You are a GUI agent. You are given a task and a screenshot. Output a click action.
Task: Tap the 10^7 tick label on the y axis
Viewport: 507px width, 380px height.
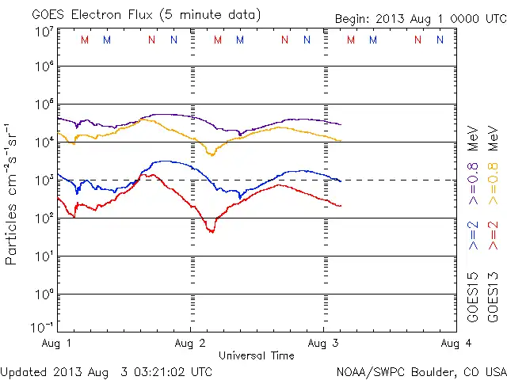(44, 32)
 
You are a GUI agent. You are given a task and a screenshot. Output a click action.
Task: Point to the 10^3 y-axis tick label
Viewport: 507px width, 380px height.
(44, 180)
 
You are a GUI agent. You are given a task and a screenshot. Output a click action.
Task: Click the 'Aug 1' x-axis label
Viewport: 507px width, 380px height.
(58, 343)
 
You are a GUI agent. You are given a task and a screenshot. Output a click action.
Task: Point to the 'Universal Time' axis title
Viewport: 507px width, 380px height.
(257, 355)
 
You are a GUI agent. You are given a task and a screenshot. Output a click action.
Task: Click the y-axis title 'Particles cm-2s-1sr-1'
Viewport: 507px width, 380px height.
(13, 193)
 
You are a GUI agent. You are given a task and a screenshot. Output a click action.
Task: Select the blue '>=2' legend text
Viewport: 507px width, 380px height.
(474, 235)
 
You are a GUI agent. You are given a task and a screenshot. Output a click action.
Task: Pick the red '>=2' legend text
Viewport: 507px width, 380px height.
(493, 235)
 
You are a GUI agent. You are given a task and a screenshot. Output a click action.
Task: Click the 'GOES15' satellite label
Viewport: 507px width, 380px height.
(474, 300)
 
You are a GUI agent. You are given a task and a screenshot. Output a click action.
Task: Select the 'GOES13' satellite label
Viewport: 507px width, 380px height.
(493, 300)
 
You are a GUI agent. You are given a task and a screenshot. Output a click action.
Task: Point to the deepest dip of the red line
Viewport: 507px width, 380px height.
(212, 231)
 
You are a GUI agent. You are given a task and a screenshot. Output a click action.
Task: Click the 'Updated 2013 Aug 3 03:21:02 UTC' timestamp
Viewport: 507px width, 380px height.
(106, 370)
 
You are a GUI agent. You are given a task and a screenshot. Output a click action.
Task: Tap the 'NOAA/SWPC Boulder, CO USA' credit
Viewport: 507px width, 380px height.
(420, 370)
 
